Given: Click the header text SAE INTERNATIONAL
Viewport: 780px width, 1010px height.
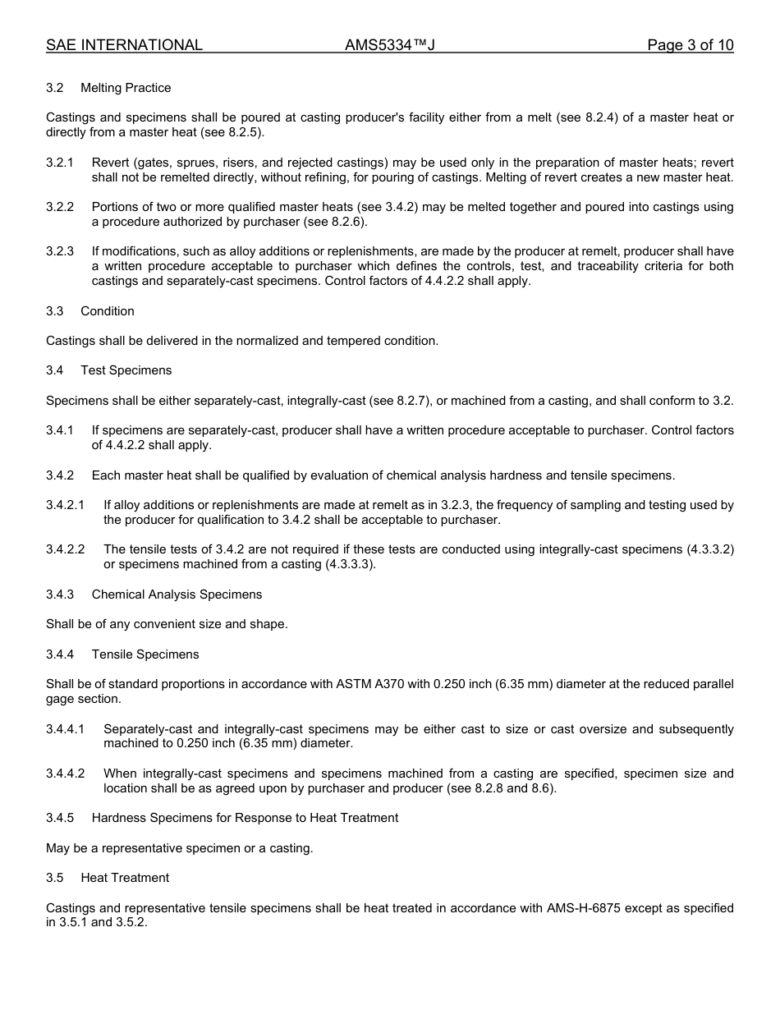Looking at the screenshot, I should [x=124, y=45].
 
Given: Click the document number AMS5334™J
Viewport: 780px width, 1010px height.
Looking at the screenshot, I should [x=389, y=45].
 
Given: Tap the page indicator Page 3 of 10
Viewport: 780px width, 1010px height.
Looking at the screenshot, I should [x=690, y=45].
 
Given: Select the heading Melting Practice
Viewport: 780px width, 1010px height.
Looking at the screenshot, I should [x=126, y=88].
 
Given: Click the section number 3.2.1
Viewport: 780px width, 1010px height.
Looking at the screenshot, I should [x=60, y=163].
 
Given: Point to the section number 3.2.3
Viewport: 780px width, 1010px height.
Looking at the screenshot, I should [x=60, y=251].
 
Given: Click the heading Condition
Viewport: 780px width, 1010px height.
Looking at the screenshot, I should [x=108, y=311].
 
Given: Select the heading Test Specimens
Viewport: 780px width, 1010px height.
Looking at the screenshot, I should [x=126, y=370].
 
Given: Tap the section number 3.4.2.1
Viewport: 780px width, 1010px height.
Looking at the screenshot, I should [x=65, y=505].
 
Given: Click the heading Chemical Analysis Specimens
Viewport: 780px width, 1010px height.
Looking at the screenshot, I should [x=177, y=595].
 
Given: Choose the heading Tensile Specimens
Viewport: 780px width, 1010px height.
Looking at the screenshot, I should [x=145, y=654].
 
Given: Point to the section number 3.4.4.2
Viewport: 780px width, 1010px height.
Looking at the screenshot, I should [x=65, y=774].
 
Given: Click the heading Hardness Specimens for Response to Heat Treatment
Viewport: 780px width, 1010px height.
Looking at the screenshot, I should [x=245, y=818].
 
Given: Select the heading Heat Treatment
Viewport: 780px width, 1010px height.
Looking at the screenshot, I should [x=125, y=878].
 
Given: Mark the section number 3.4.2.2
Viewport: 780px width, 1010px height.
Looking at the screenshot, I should [x=65, y=549].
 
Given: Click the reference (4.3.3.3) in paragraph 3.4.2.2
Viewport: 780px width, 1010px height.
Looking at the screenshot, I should [x=349, y=564].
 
